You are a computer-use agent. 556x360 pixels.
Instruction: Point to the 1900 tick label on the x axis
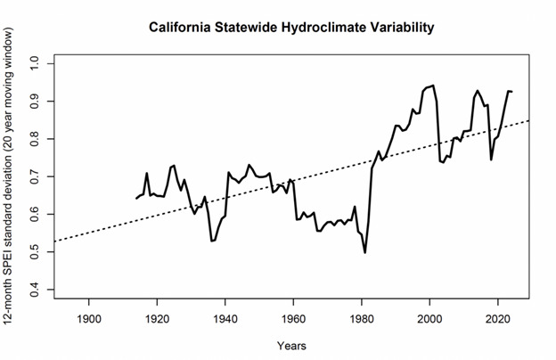tap(89, 318)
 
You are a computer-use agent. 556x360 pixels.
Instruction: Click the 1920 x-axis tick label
tap(157, 318)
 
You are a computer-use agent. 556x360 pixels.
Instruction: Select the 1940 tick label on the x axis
tap(225, 318)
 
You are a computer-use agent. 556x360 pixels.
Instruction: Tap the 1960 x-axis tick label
tap(293, 318)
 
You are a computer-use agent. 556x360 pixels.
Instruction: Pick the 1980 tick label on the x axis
tap(362, 318)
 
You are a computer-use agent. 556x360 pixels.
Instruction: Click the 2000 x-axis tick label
tap(429, 318)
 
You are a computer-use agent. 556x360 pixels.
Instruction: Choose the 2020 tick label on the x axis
tap(498, 318)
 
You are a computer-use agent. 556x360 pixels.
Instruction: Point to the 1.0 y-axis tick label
tap(35, 63)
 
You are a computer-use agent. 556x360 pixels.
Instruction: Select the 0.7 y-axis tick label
tap(35, 176)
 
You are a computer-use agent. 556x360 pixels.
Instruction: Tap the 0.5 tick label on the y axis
tap(35, 252)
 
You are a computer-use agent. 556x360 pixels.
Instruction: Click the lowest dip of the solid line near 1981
tap(365, 252)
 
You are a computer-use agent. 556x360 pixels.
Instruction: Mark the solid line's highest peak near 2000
tap(432, 86)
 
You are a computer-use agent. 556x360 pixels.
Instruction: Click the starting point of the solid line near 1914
tap(136, 199)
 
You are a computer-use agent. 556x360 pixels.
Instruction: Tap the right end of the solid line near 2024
tap(511, 92)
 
